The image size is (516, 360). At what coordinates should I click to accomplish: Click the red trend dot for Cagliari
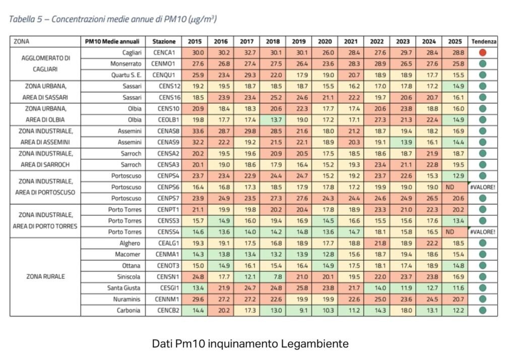[483, 52]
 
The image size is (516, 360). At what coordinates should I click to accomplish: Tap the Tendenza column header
[483, 41]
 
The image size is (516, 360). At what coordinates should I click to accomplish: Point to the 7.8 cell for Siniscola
[273, 276]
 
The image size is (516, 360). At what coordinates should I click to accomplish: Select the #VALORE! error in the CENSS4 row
[483, 232]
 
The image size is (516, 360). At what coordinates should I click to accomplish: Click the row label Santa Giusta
[125, 287]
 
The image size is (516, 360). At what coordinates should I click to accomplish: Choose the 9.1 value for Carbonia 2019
[299, 310]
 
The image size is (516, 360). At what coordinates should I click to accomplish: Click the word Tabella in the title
[24, 19]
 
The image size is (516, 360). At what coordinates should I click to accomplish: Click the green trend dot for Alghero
[483, 243]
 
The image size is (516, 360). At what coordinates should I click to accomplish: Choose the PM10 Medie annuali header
[113, 41]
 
